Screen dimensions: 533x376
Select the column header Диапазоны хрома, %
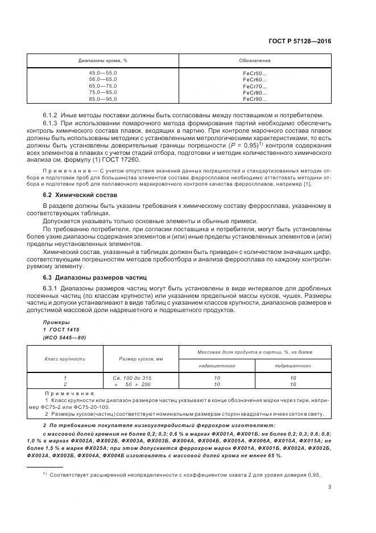click(102, 60)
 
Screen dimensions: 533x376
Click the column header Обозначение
click(254, 60)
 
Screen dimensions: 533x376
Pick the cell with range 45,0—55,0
click(102, 73)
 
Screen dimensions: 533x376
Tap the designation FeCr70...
click(254, 86)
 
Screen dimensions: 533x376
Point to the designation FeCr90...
click(254, 99)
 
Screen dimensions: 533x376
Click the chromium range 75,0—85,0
click(102, 92)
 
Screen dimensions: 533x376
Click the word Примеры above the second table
click(56, 322)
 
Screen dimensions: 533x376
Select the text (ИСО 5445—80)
click(64, 337)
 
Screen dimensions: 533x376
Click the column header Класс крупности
click(65, 359)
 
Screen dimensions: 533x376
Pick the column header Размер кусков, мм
click(141, 359)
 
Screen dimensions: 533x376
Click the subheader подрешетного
click(292, 366)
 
